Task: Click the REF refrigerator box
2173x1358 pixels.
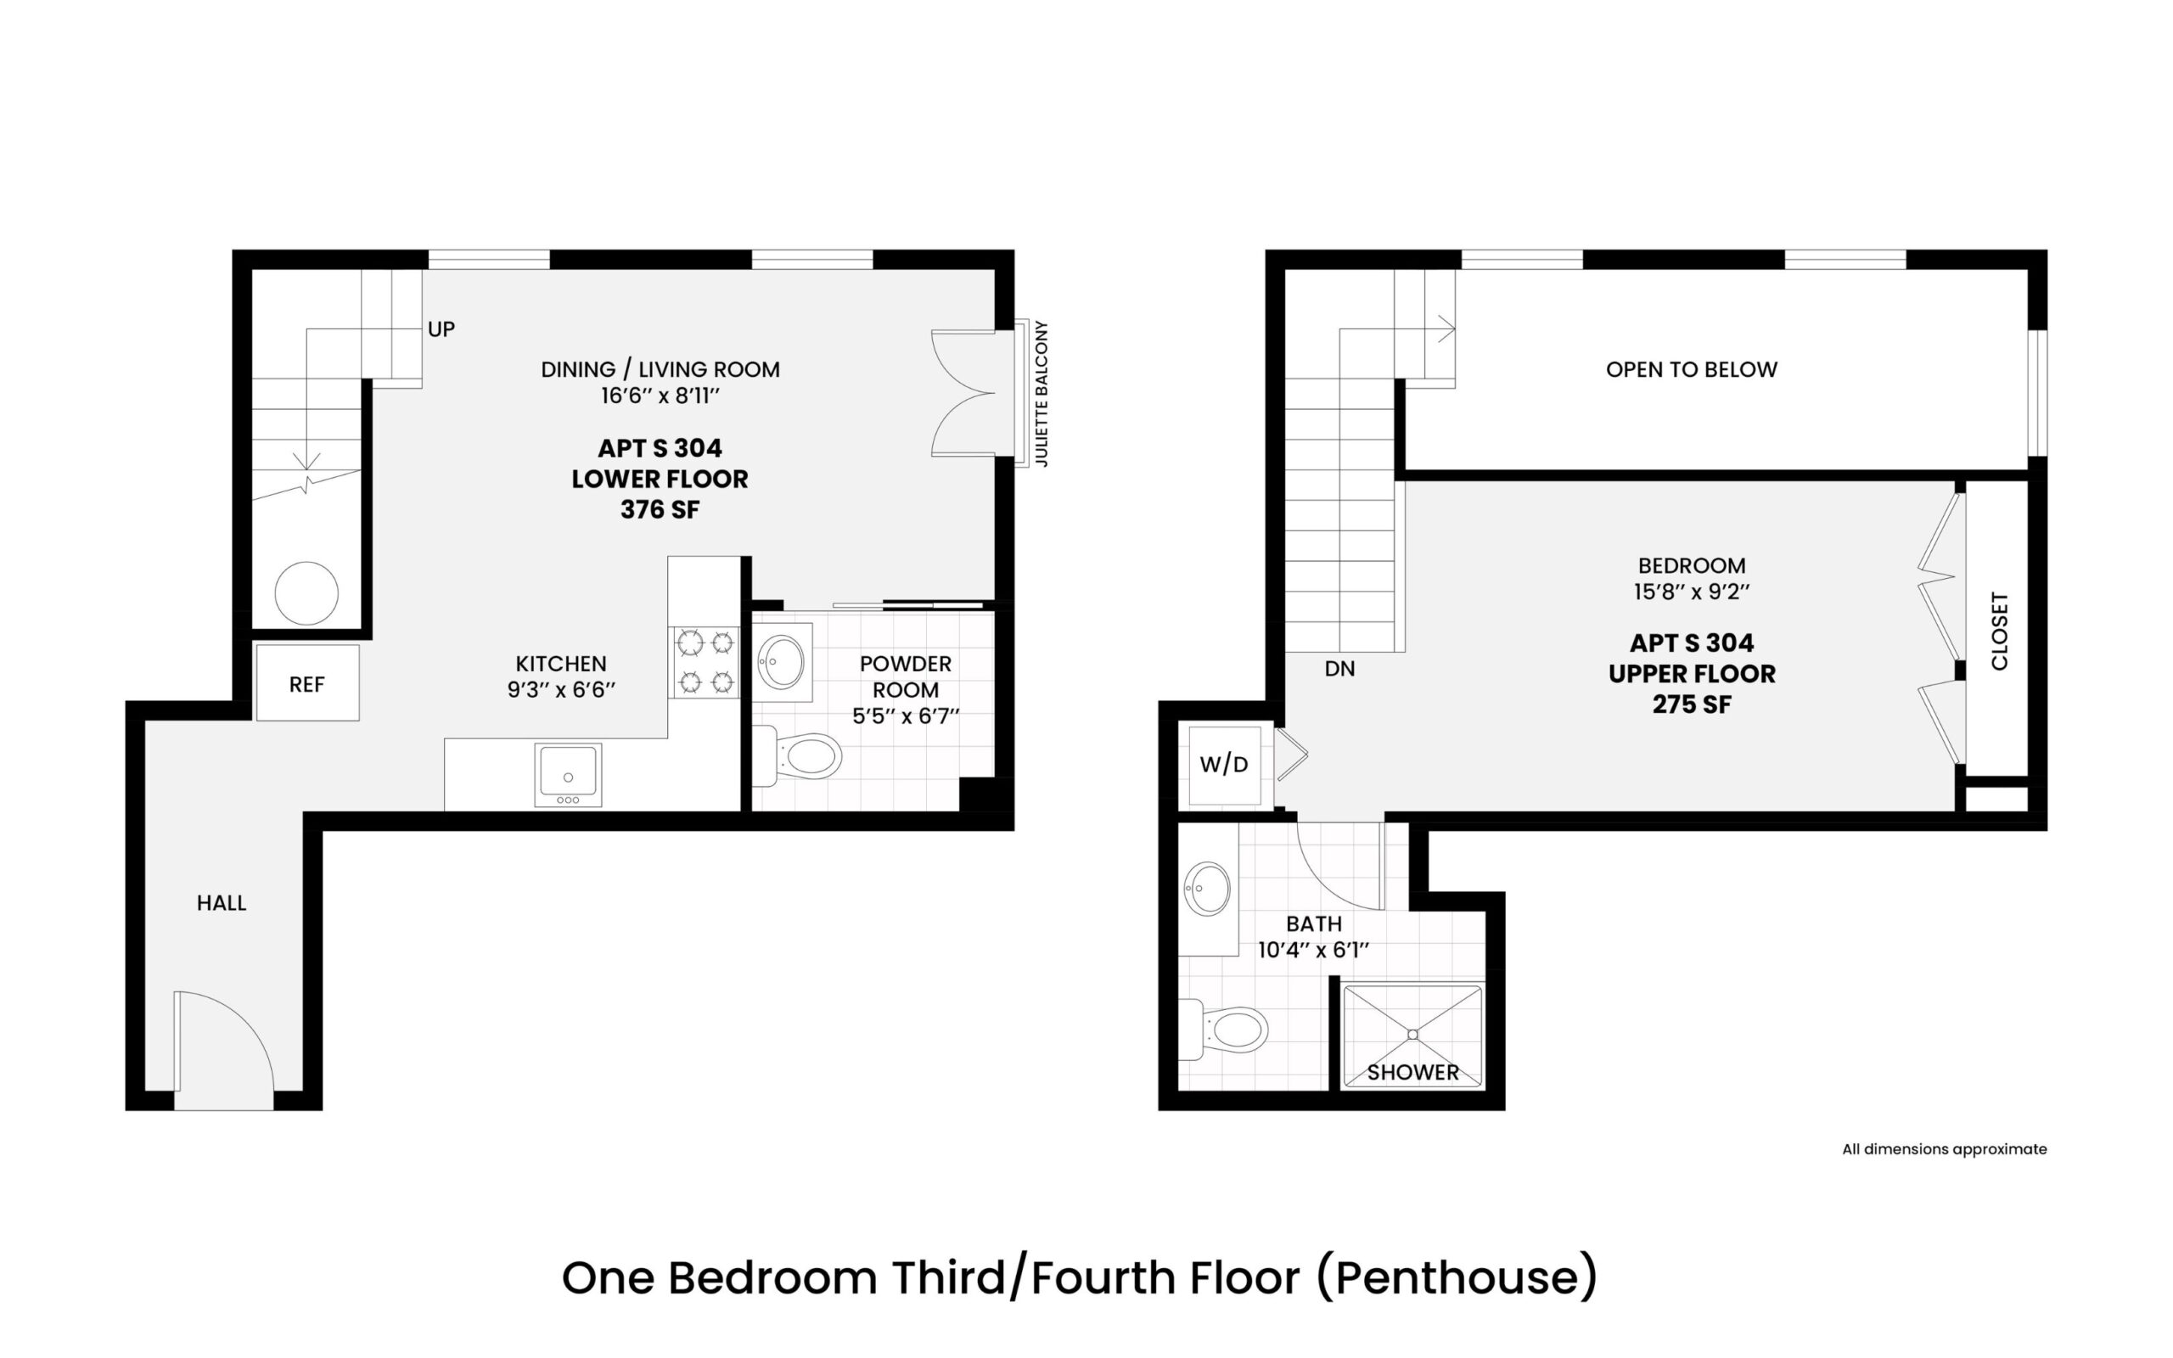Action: [307, 682]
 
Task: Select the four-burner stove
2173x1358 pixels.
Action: [705, 663]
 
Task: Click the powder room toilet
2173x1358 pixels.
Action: [797, 756]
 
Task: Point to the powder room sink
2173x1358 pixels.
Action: [782, 662]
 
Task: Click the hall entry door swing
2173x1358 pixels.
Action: [223, 1050]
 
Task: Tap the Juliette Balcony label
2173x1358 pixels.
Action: [1042, 393]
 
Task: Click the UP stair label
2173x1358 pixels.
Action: [441, 329]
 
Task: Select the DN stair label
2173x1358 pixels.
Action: [1339, 669]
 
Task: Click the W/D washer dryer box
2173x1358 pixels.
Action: [1225, 766]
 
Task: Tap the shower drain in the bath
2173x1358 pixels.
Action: [1412, 1035]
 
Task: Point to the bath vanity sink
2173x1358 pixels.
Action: [1208, 889]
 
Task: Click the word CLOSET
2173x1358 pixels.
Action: [2000, 631]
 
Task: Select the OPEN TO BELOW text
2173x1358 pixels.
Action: [1692, 369]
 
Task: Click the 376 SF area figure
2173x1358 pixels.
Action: [660, 510]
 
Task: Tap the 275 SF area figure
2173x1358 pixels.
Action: [1692, 705]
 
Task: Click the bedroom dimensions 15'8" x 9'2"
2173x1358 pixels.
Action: [1692, 592]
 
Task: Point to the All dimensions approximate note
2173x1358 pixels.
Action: [1945, 1148]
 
